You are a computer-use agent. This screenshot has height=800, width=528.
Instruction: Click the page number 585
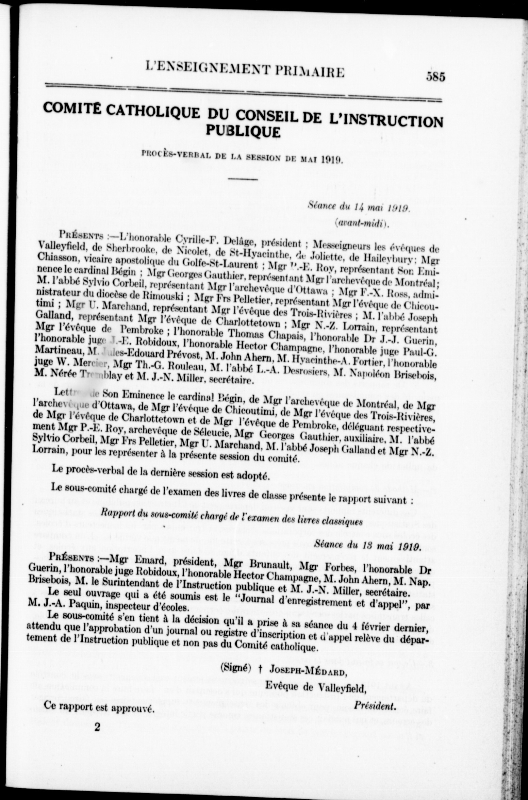(x=435, y=77)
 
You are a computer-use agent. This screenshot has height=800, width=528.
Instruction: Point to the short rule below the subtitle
(x=243, y=179)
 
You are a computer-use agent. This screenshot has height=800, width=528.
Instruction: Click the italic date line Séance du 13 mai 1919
(x=367, y=547)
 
